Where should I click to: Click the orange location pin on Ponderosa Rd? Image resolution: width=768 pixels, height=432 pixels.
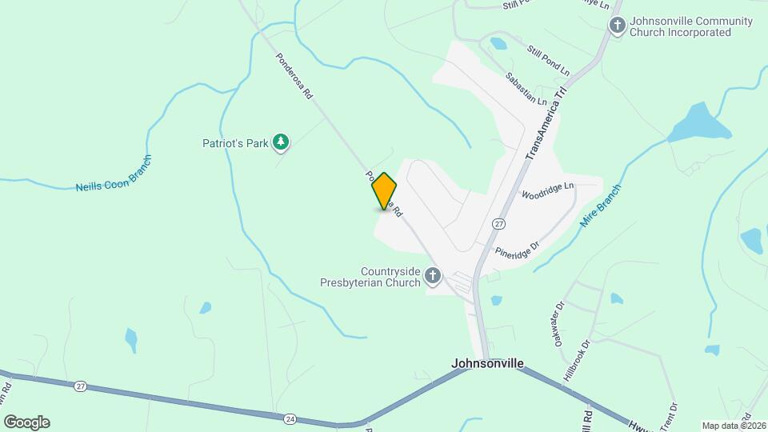384,190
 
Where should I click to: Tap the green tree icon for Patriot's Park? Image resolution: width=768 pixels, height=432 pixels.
280,142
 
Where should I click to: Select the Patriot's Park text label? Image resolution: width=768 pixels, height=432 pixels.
234,143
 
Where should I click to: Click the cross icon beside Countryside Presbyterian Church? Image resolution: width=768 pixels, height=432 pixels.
433,277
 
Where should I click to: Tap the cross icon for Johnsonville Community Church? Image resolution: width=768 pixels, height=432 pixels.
617,26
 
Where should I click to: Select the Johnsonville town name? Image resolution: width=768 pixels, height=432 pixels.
487,363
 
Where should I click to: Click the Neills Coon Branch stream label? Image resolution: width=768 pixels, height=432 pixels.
114,173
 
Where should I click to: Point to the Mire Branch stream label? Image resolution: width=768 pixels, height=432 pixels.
601,205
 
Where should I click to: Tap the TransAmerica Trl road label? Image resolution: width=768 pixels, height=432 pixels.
546,124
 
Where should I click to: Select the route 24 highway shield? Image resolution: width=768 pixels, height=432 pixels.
290,418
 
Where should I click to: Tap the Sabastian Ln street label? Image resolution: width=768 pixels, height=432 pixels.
526,90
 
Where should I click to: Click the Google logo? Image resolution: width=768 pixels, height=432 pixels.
26,422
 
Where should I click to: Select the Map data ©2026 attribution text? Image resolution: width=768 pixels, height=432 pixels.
732,426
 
